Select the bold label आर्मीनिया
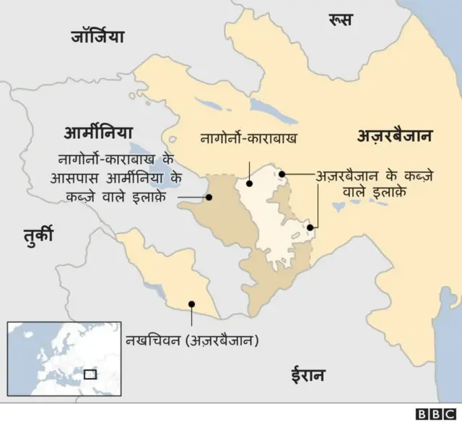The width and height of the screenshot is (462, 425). point(99,133)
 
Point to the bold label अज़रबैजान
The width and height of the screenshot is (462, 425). point(393,134)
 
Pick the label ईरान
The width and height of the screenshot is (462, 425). point(308,374)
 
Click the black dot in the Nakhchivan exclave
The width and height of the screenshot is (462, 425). point(191,304)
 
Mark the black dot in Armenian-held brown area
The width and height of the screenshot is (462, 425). point(209,196)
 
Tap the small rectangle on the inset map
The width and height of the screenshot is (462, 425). point(90,374)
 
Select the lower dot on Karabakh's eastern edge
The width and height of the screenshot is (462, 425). point(310,228)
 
